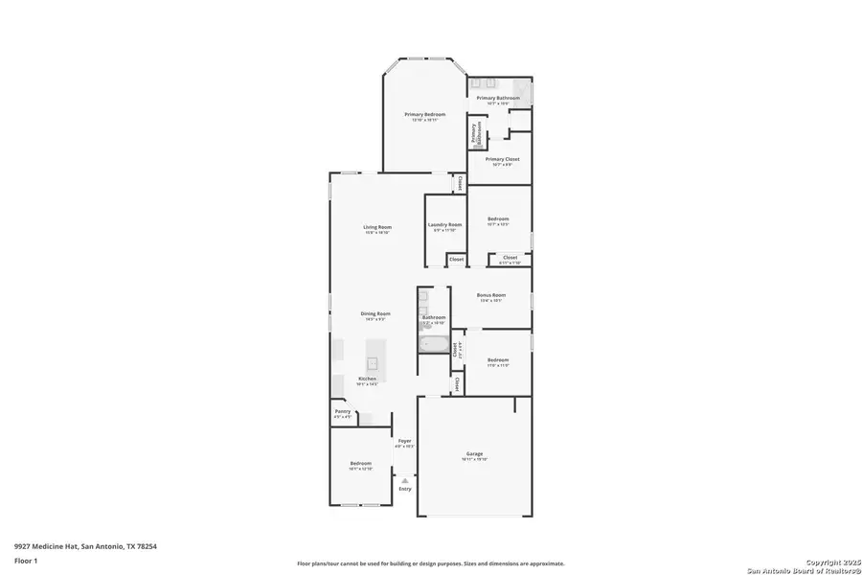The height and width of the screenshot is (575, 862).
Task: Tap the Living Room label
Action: [377, 227]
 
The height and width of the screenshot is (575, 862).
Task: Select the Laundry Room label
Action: [444, 225]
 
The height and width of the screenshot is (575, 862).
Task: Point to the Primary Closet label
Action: [502, 159]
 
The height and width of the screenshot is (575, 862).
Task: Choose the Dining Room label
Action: [375, 314]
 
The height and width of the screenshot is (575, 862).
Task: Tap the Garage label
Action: [474, 454]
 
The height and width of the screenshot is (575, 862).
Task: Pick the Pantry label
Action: [342, 412]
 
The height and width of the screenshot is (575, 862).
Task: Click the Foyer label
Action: [405, 441]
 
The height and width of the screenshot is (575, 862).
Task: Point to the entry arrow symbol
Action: [405, 480]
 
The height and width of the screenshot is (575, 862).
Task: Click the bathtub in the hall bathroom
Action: [434, 345]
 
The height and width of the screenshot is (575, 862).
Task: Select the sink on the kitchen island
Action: [374, 364]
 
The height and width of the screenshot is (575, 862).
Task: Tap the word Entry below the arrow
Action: [405, 489]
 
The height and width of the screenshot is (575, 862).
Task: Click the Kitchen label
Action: [368, 379]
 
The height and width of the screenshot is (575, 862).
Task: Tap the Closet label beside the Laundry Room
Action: [457, 259]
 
